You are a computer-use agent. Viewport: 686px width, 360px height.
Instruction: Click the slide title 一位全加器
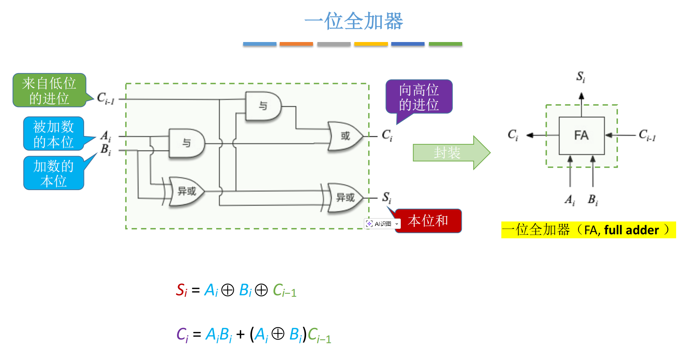(354, 21)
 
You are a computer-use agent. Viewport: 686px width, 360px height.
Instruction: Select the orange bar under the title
(296, 44)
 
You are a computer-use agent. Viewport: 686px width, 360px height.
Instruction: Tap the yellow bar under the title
(371, 44)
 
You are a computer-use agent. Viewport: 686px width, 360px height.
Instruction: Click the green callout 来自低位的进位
(49, 91)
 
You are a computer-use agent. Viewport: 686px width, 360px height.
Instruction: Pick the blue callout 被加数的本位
(54, 134)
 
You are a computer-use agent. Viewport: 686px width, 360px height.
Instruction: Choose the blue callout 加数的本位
(54, 173)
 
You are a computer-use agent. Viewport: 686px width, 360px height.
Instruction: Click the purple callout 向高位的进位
(419, 97)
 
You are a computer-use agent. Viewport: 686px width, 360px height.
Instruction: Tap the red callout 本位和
(428, 221)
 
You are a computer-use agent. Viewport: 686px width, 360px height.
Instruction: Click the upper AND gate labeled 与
(263, 106)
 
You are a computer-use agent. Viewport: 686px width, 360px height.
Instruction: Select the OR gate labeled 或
(345, 136)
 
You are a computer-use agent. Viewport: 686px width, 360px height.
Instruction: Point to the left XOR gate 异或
(186, 191)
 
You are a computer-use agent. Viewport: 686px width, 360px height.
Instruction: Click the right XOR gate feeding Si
(345, 198)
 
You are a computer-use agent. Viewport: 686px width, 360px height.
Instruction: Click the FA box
(581, 136)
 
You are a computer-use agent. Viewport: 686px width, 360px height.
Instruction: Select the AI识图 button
(382, 224)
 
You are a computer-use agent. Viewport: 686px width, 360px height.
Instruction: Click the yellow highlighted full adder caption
(588, 230)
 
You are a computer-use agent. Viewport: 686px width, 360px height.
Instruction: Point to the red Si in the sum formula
(181, 290)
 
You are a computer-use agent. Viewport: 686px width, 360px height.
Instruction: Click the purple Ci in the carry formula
(182, 334)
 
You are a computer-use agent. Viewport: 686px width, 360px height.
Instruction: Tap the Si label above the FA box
(581, 77)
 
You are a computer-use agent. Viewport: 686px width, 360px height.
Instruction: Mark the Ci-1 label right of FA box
(647, 135)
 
